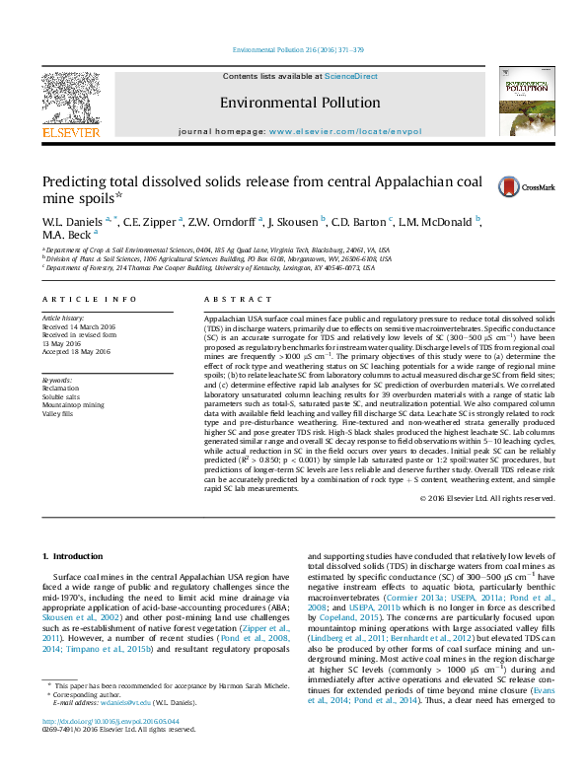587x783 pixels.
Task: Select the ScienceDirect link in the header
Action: [351, 77]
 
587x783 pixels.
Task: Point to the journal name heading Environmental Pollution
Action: [299, 103]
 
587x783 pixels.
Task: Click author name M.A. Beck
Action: [67, 237]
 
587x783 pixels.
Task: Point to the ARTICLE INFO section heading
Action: [90, 299]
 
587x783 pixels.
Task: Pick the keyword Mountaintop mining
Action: [73, 405]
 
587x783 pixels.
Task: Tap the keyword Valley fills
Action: [58, 414]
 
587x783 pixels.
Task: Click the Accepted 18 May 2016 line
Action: [76, 352]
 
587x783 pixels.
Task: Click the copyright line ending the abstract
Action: [486, 499]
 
